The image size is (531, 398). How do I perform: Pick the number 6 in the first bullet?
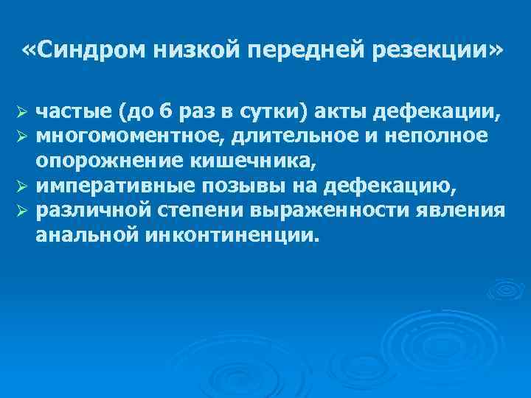166,113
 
